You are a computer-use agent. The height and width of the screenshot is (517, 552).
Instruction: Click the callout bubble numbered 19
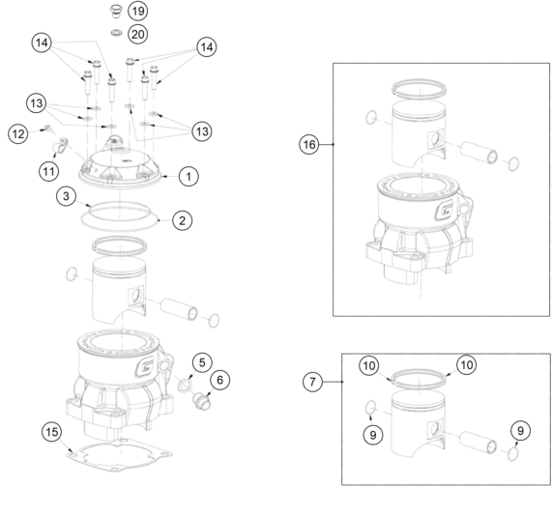point(137,11)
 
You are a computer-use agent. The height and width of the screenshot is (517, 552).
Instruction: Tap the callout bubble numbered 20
point(137,34)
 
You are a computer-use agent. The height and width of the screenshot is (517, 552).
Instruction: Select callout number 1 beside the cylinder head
point(189,176)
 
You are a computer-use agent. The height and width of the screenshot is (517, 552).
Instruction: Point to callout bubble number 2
point(182,220)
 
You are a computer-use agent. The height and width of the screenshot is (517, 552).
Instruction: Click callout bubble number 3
point(66,196)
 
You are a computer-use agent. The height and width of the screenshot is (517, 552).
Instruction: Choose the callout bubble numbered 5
point(202,362)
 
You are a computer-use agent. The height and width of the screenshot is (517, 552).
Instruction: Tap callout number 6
point(219,380)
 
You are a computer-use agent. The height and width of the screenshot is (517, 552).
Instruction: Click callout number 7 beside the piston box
point(312,382)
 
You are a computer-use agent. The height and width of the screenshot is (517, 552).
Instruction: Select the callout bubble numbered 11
point(48,171)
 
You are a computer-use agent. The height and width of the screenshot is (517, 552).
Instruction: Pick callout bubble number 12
point(18,133)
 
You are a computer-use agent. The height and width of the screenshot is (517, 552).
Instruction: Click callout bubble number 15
point(52,432)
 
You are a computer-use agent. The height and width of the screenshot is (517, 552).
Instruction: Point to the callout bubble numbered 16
point(309,144)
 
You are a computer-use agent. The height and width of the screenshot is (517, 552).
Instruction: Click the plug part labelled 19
point(115,11)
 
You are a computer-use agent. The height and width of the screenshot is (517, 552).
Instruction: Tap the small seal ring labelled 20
point(116,33)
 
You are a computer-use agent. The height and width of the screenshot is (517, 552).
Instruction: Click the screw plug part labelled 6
point(202,402)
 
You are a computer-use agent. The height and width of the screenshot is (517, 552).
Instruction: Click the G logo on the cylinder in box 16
point(445,210)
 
